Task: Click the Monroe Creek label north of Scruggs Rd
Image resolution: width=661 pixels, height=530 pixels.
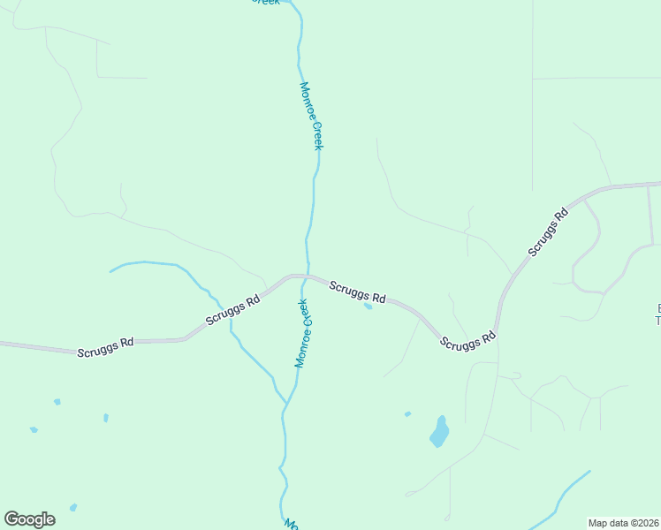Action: coord(311,116)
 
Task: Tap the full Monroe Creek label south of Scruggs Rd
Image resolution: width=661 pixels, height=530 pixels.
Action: coord(303,333)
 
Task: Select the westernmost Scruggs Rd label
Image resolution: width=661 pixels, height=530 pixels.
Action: coord(105,346)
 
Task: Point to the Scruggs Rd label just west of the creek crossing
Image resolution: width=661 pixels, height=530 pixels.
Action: coord(232,309)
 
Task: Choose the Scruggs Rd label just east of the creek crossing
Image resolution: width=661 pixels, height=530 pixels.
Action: coord(358,291)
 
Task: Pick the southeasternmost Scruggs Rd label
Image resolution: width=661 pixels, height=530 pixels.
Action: coord(468,341)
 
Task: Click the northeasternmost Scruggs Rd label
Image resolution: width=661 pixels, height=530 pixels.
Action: coord(548,232)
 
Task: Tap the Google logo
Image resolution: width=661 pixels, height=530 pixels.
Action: coord(29,519)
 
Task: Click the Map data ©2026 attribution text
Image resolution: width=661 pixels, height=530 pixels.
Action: coord(623,523)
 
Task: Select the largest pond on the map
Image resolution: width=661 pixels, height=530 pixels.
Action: coord(439,432)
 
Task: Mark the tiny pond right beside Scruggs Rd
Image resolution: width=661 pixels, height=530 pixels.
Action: coord(368,307)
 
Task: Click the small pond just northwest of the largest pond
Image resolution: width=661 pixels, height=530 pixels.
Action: coord(407,413)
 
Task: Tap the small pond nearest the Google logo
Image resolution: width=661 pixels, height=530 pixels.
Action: coord(72,507)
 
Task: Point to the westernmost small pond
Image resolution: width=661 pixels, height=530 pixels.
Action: coord(34,430)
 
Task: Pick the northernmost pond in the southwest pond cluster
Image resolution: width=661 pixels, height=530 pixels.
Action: coord(57,402)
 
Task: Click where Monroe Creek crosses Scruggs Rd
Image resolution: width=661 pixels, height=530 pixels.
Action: coord(306,276)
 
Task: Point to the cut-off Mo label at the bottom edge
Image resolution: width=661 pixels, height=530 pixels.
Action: coord(290,524)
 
